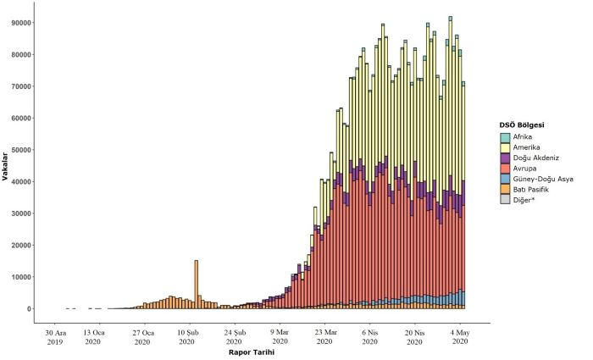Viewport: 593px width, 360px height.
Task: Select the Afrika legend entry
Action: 526,137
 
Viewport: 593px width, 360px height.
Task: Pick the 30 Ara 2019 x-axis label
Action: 54,336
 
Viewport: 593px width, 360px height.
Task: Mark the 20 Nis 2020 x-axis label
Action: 414,336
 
